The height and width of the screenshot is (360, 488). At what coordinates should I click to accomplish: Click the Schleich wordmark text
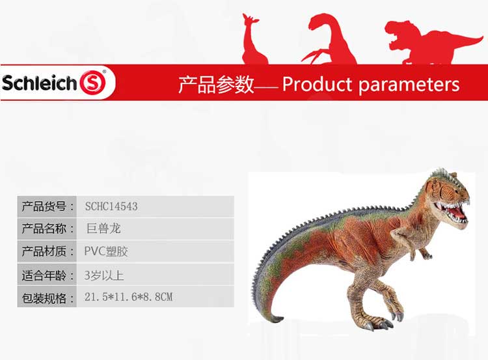[x=39, y=83]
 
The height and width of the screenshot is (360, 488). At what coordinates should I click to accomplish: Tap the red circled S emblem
[x=93, y=83]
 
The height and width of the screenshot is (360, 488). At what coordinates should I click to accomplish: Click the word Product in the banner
[x=317, y=84]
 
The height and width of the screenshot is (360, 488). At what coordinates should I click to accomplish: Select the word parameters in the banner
[x=409, y=85]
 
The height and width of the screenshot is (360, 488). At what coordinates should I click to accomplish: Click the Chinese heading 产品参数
[x=216, y=85]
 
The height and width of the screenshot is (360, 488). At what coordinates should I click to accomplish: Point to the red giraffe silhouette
[x=254, y=39]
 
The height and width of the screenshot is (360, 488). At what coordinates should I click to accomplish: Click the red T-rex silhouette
[x=433, y=42]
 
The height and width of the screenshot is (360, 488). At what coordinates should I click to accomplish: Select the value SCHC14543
[x=111, y=206]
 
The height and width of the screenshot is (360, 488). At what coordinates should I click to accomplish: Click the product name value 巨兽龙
[x=103, y=228]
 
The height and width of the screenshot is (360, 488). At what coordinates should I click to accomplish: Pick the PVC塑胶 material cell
[x=106, y=251]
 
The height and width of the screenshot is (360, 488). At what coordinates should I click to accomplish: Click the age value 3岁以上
[x=104, y=275]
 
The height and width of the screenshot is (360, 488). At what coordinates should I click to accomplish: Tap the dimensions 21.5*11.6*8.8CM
[x=128, y=297]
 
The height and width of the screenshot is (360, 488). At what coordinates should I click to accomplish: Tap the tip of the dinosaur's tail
[x=282, y=318]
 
